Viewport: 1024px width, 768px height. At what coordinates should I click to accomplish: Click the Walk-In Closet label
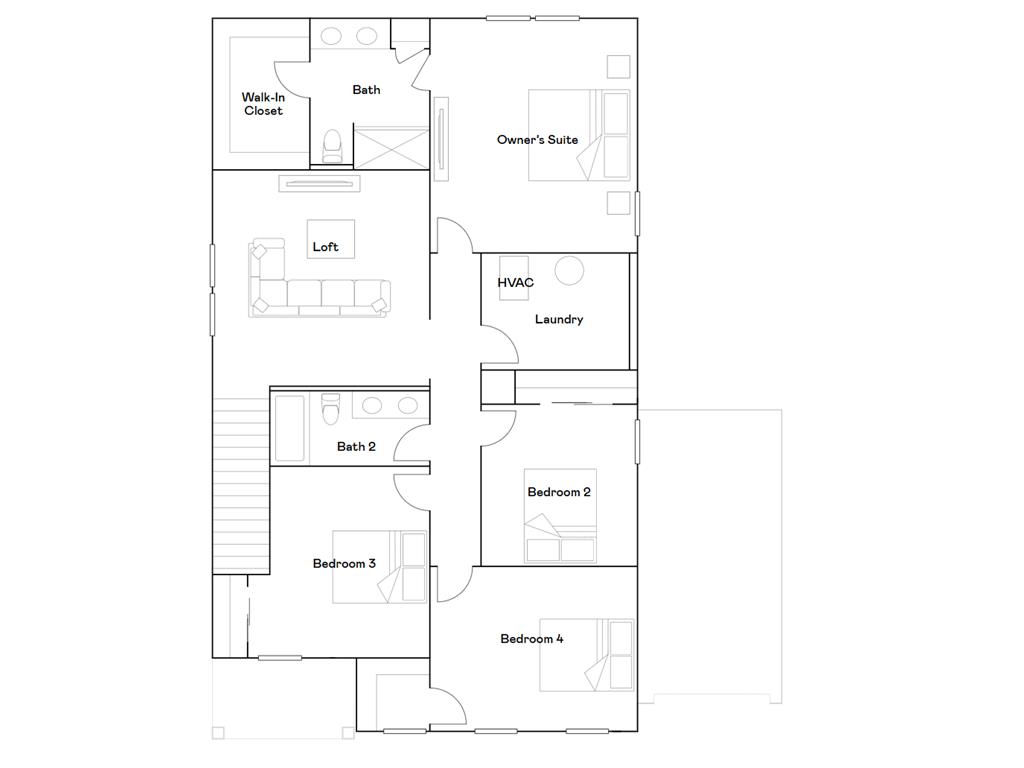[263, 104]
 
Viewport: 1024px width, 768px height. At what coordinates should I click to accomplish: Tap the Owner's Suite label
[537, 140]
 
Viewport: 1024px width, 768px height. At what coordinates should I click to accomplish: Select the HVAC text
[516, 283]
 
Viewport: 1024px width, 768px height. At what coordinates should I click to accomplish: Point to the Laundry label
[559, 320]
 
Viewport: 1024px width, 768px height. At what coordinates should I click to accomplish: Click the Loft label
[326, 247]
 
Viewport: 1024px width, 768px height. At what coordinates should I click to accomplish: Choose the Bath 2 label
[356, 446]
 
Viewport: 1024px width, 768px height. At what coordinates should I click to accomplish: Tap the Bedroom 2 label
[559, 492]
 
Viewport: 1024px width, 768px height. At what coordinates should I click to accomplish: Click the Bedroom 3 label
[344, 564]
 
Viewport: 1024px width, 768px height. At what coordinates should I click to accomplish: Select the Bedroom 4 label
[532, 639]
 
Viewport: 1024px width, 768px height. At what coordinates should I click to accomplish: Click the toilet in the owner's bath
[333, 146]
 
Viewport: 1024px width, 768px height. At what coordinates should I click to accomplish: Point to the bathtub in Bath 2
[289, 428]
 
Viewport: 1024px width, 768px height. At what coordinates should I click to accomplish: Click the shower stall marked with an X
[390, 147]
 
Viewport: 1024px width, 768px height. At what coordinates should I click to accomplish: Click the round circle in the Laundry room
[569, 271]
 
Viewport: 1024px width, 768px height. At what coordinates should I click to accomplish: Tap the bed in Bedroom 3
[379, 567]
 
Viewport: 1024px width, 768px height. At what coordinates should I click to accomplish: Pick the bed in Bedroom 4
[587, 655]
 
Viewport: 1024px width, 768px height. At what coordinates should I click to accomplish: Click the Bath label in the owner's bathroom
[366, 90]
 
